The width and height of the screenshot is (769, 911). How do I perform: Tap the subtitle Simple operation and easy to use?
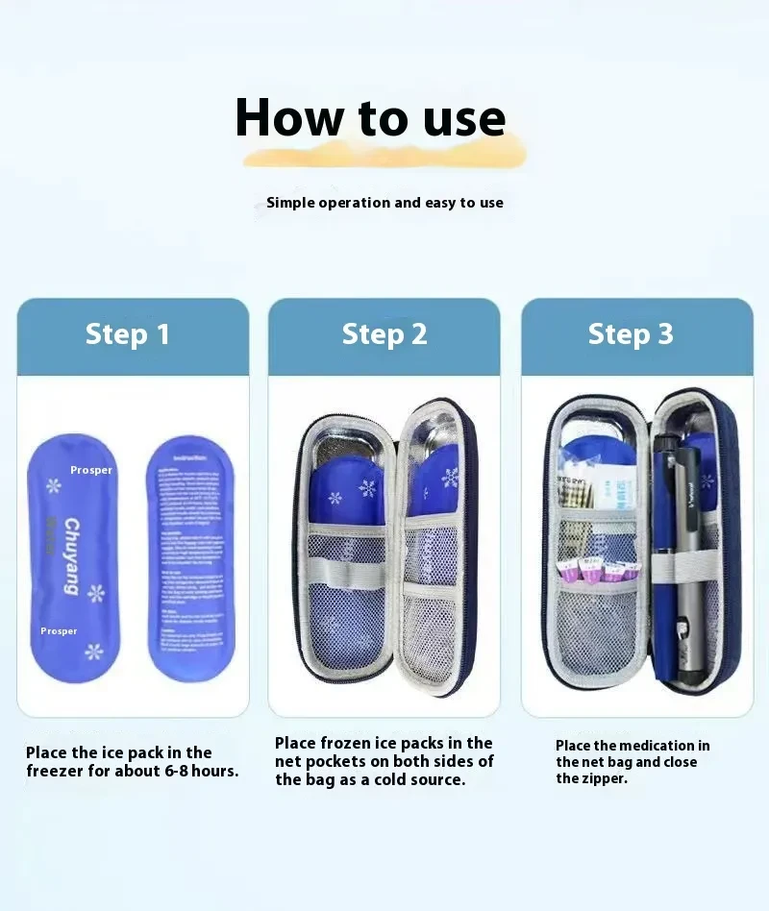click(384, 203)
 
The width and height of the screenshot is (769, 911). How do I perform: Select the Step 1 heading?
click(128, 334)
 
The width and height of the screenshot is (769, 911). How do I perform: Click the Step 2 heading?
click(384, 334)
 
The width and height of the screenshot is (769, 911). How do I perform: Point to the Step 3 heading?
click(631, 334)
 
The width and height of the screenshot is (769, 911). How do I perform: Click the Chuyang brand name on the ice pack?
click(72, 556)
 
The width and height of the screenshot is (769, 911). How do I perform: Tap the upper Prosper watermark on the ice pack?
click(91, 471)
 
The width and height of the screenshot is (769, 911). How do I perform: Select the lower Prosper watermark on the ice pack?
click(59, 631)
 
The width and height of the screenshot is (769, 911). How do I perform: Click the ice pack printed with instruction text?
click(190, 557)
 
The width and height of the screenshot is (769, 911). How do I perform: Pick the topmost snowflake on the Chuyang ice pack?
click(54, 485)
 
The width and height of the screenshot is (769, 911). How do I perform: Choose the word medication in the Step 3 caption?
click(664, 746)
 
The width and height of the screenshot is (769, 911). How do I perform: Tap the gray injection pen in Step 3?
click(689, 577)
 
